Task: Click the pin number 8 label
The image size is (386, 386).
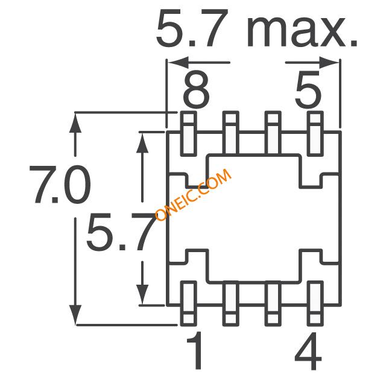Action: point(196,90)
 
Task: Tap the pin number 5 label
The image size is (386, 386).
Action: point(308,90)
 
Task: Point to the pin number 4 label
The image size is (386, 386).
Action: point(308,350)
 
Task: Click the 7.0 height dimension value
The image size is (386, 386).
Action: point(60,184)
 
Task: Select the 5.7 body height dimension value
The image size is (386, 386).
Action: point(121,232)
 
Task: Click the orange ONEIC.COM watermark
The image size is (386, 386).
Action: point(193,194)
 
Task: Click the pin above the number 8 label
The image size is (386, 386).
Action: point(189,134)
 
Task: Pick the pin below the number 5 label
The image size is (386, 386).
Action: point(315,134)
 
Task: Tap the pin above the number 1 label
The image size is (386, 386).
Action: point(189,303)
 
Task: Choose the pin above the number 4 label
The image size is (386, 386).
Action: point(315,303)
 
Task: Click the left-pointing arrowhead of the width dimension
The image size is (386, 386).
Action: point(179,63)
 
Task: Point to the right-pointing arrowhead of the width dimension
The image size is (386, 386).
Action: point(329,63)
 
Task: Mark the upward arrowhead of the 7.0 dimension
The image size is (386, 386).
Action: point(75,122)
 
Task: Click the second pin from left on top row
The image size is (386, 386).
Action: point(230,134)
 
